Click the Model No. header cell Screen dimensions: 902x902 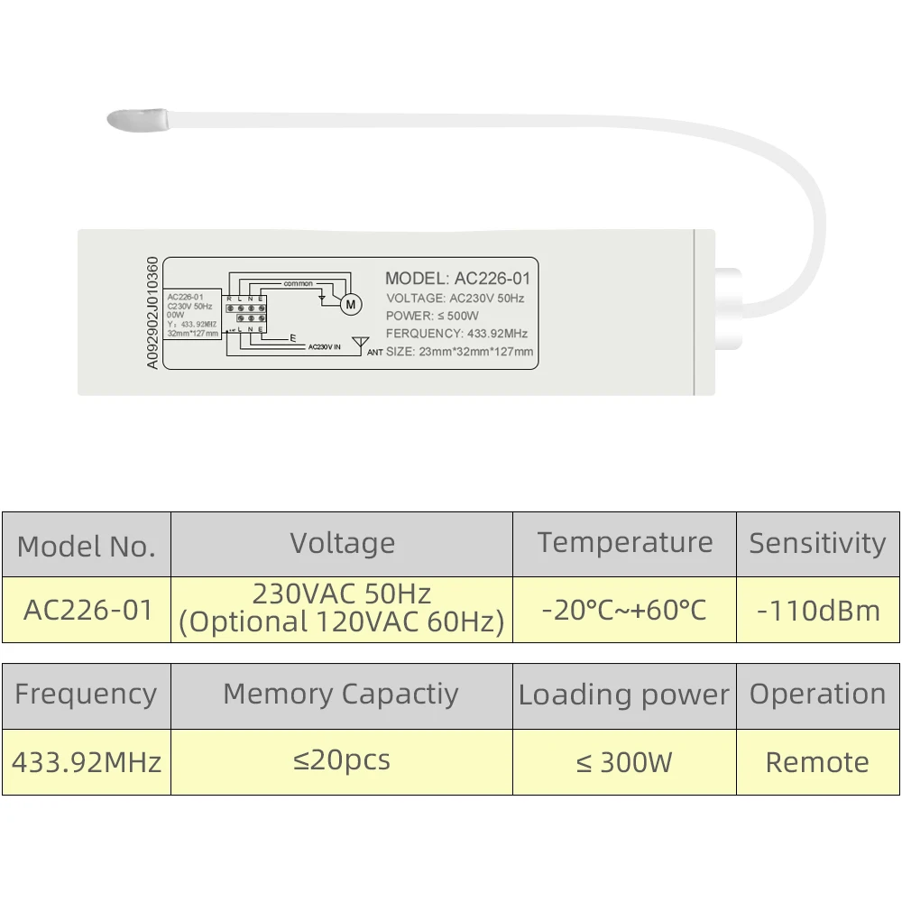click(87, 545)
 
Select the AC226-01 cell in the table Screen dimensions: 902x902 click(87, 610)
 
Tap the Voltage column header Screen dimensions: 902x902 click(342, 543)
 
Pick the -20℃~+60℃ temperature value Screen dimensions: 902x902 click(624, 610)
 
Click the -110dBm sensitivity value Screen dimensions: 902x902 click(818, 611)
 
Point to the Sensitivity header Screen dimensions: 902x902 click(817, 543)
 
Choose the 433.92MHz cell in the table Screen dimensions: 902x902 click(87, 762)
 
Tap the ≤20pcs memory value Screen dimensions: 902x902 click(342, 760)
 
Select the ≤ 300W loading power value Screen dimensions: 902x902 click(624, 763)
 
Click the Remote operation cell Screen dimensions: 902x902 click(817, 762)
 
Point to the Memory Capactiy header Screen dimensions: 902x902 click(341, 694)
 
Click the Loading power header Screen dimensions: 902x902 click(624, 695)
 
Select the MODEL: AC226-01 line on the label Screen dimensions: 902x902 click(457, 279)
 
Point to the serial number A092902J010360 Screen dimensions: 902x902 click(152, 312)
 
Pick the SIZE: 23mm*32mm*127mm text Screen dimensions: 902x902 click(459, 352)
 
